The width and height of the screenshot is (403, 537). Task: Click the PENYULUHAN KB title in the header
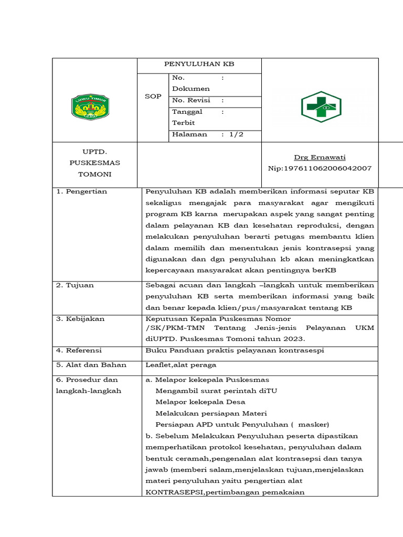[199, 65]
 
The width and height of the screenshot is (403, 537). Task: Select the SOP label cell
[153, 96]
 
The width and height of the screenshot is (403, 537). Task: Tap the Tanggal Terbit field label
[187, 117]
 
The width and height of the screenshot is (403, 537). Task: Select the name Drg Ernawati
[320, 157]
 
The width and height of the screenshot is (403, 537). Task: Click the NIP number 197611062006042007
[320, 168]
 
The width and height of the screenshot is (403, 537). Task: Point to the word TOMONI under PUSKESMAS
[94, 174]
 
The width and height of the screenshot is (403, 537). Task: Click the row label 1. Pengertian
[82, 191]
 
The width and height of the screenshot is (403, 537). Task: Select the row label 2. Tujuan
[75, 285]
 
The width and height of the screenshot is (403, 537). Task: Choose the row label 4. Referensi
[79, 350]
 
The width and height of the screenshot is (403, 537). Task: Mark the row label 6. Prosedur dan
[87, 380]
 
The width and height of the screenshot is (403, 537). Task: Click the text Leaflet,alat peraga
[181, 365]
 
